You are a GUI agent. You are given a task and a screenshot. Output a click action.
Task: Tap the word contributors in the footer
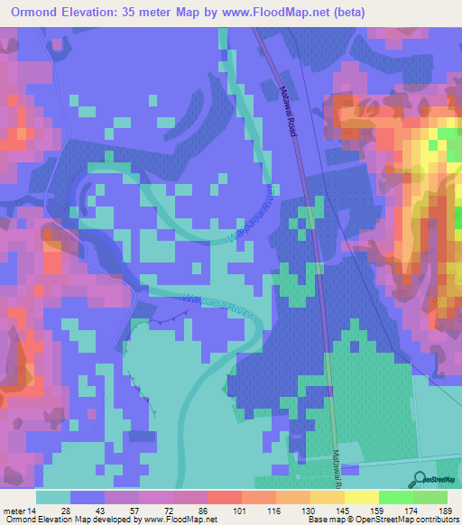430,519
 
